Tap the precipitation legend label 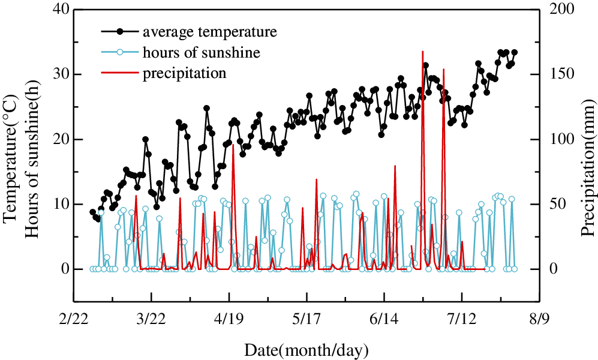(184, 74)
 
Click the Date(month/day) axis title (306, 349)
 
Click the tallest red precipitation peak (423, 52)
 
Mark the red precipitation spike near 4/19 (233, 145)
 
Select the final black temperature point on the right (515, 52)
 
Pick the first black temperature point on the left (92, 212)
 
